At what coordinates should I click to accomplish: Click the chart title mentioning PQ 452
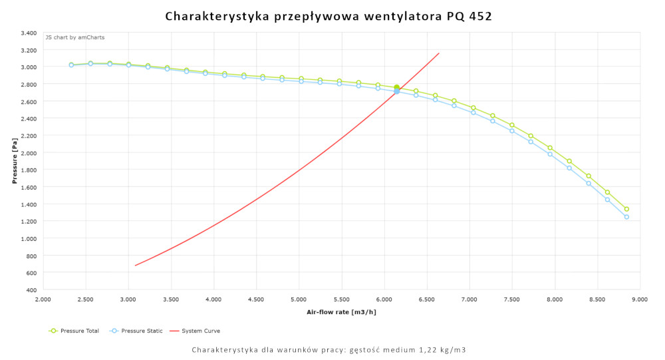coord(329,16)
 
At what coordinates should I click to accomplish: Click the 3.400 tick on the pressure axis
coord(28,33)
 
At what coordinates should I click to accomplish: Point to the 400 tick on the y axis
coord(32,290)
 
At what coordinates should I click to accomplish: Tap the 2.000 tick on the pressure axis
coord(28,152)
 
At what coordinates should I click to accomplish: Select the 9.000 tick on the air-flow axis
coord(640,300)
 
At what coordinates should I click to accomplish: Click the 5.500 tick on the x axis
coord(341,300)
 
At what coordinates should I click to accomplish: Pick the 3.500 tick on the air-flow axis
coord(171,300)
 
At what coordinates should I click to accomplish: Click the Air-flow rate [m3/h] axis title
coord(340,312)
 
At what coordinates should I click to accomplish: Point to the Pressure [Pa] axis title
coord(15,161)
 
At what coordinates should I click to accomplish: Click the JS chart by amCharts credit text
coord(74,37)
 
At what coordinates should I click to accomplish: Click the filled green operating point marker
coord(396,88)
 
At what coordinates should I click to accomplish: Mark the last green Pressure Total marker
coord(626,209)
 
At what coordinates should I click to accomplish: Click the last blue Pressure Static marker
coord(626,217)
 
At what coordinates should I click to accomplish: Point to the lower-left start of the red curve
coord(136,266)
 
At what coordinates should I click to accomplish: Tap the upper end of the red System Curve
coord(439,53)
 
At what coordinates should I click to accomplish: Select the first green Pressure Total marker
coord(71,65)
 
